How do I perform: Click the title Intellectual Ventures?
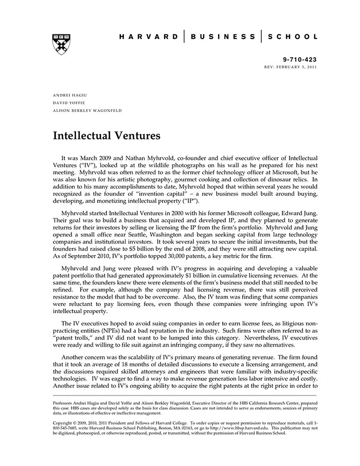coord(107,136)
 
